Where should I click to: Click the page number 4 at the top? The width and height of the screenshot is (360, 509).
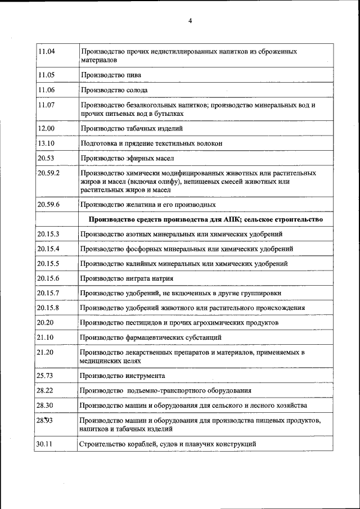coord(190,21)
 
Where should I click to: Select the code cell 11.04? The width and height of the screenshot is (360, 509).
coord(46,51)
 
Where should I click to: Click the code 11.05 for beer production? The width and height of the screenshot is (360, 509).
coord(46,74)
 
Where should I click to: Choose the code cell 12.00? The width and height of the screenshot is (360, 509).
coord(46,128)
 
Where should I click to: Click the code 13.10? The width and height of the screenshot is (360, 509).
coord(46,143)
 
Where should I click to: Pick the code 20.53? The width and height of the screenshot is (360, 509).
coord(46,159)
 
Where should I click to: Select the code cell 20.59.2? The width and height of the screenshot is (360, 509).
coord(48,173)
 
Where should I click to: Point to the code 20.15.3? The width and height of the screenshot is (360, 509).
coord(48,234)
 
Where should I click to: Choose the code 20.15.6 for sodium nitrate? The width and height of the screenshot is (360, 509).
coord(48,278)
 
